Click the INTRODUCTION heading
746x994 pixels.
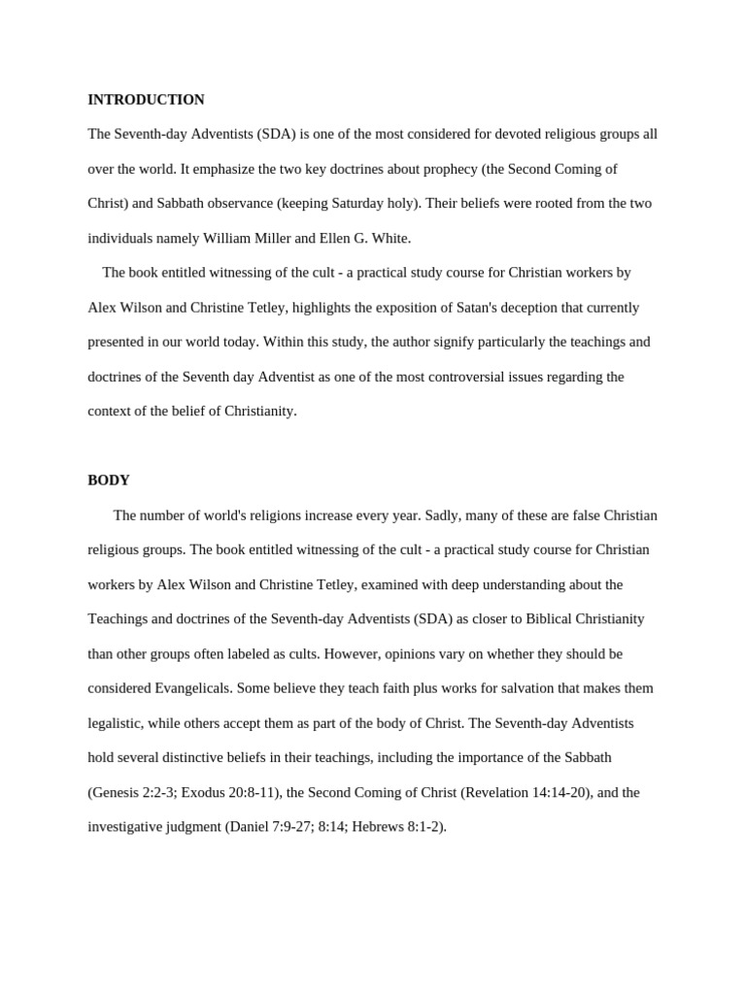pos(146,100)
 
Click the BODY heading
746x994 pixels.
pos(109,480)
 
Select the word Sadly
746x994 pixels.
pos(444,515)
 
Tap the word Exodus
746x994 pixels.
pos(203,792)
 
